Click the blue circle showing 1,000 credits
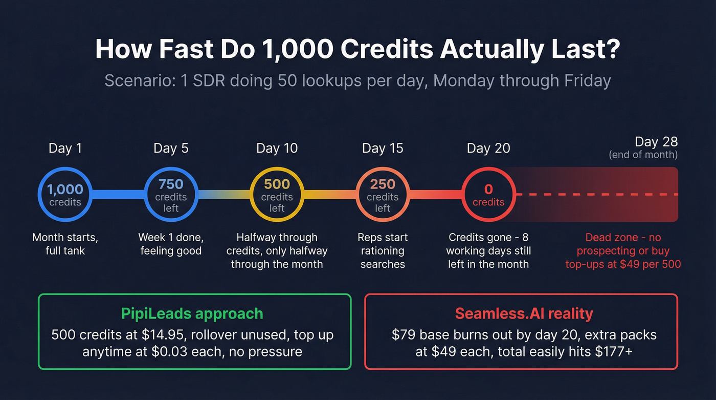tap(65, 195)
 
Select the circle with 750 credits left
tap(171, 195)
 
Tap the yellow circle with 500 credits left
tap(277, 195)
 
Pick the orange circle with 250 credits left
tap(383, 195)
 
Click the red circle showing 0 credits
tap(488, 195)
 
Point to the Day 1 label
tap(65, 149)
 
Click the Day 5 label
tap(171, 149)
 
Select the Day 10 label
tap(277, 149)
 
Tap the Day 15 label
tap(383, 149)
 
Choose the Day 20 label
tap(488, 149)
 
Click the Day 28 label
tap(656, 142)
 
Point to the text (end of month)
tap(643, 155)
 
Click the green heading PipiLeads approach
tap(192, 313)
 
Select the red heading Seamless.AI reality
tap(524, 313)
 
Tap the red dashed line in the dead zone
tap(596, 195)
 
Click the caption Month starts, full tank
tap(65, 244)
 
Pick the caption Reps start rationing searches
tap(383, 251)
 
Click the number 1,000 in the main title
tap(297, 50)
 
